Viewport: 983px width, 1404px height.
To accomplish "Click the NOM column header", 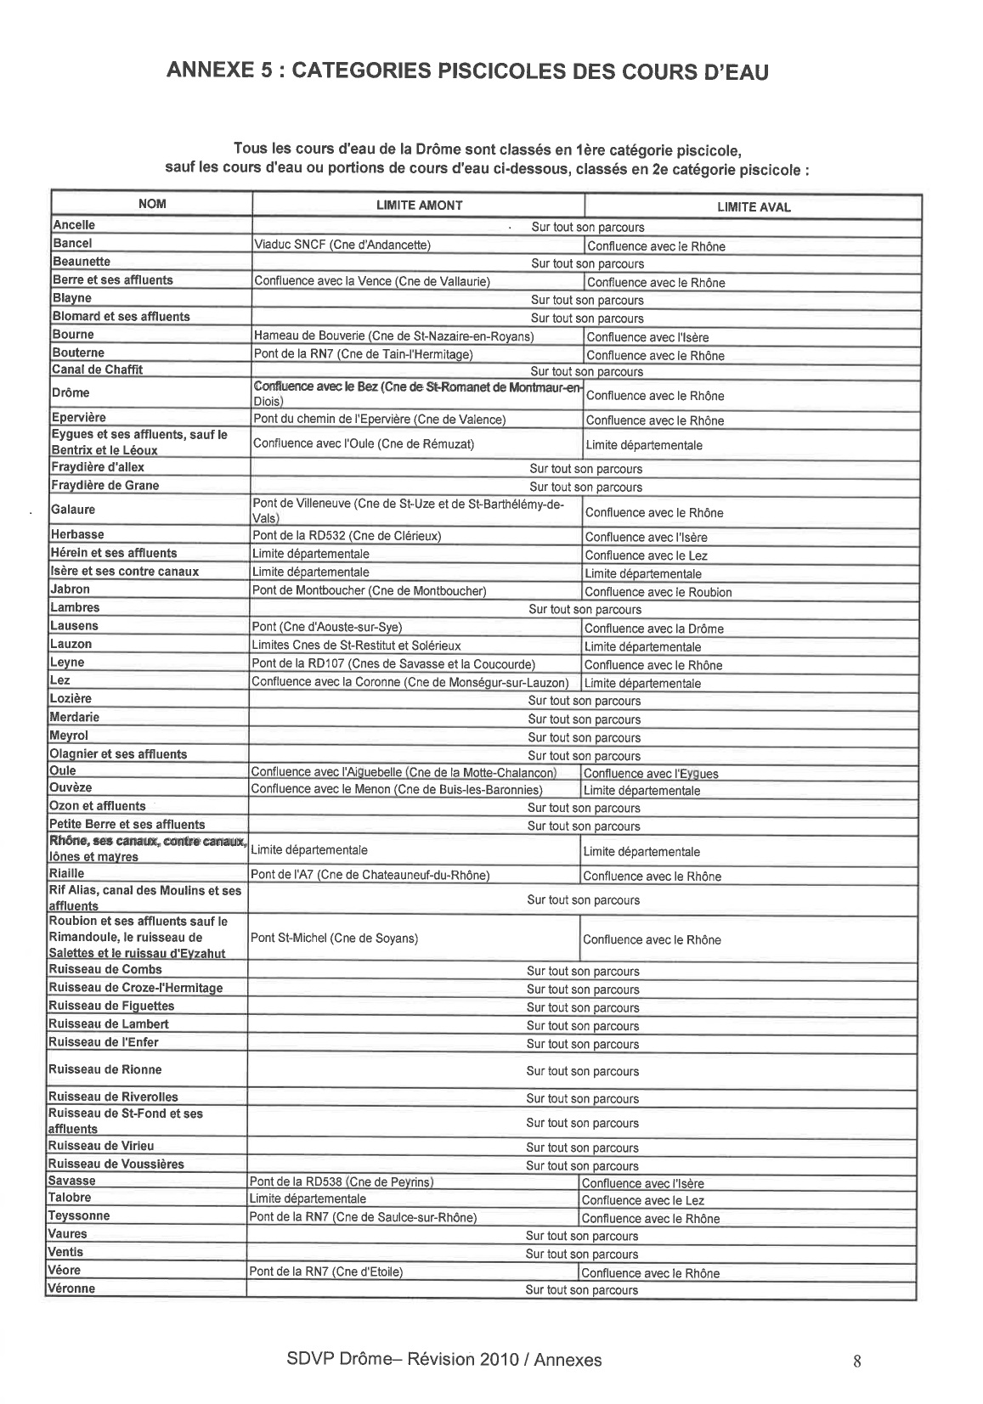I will [153, 204].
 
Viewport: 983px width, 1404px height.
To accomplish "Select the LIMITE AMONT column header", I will [419, 205].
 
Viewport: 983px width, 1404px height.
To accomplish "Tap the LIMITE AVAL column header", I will [754, 206].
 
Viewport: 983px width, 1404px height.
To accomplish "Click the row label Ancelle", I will [74, 225].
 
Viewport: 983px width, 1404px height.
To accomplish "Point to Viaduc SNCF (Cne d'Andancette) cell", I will [342, 245].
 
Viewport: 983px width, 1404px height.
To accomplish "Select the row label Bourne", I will [73, 335].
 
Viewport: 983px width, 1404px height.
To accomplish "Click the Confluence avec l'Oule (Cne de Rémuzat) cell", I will [364, 443].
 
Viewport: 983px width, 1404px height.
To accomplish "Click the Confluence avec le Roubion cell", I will [658, 592].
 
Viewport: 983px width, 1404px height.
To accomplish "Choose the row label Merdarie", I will [75, 717].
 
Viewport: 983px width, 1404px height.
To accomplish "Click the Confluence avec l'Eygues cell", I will [651, 773].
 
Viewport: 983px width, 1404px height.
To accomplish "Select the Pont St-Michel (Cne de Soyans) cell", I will [334, 938].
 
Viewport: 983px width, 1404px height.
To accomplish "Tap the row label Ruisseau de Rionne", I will [105, 1069].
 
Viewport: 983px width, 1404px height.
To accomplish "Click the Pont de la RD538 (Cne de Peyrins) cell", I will [342, 1181].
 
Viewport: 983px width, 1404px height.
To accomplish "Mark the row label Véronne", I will [72, 1288].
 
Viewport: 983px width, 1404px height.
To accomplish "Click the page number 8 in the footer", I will [856, 1362].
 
